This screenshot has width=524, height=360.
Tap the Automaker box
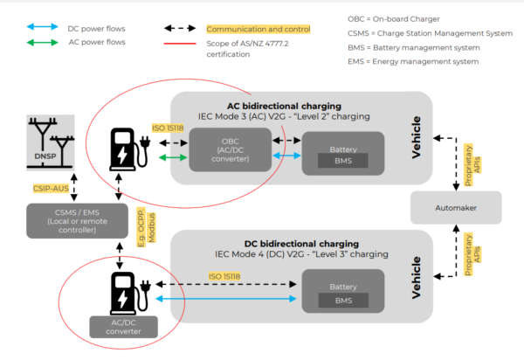(x=455, y=209)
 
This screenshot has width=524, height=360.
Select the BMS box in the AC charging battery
(x=343, y=161)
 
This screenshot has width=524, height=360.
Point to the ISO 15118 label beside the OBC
(x=169, y=128)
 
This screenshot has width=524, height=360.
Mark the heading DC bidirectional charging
(x=300, y=243)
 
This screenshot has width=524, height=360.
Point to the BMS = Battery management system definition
(x=415, y=46)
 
